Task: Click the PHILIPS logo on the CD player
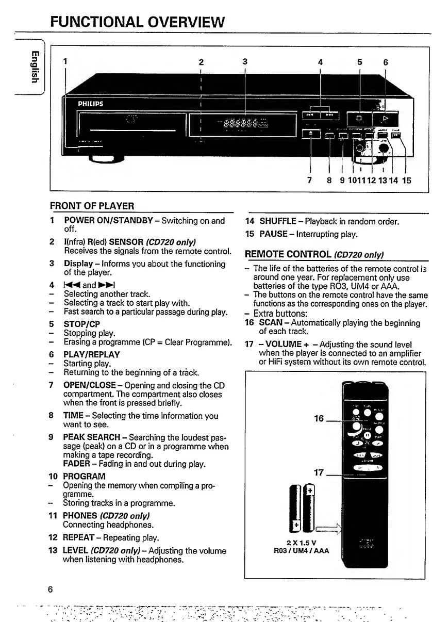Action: pyautogui.click(x=91, y=103)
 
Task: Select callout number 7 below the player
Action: pyautogui.click(x=309, y=181)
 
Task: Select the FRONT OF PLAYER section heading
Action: pyautogui.click(x=92, y=206)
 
